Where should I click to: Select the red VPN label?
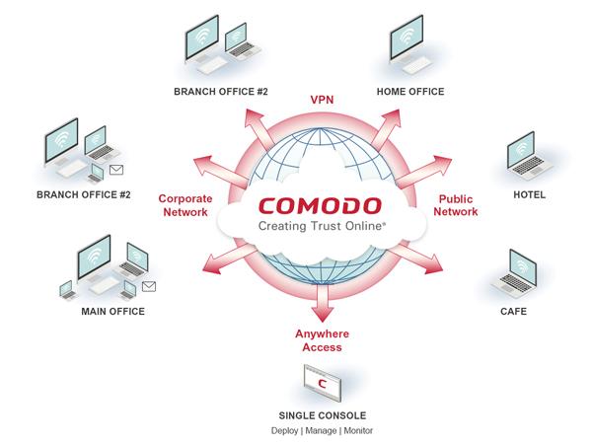(322, 101)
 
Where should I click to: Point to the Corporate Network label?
(185, 204)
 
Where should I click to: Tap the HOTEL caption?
(529, 194)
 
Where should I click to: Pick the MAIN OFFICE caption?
(112, 311)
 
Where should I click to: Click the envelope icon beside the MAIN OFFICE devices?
(149, 286)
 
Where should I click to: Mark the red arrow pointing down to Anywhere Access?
(318, 302)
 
